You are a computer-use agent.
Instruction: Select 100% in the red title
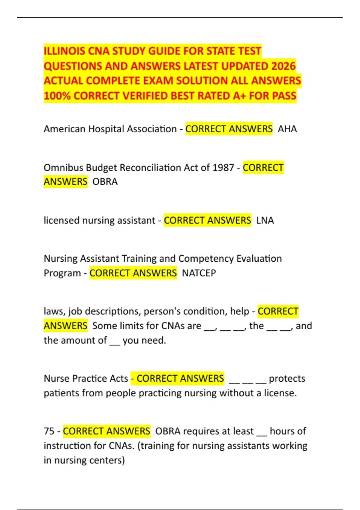(x=57, y=96)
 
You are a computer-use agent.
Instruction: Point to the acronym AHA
(x=287, y=129)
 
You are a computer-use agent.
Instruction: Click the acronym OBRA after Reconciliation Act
(x=105, y=182)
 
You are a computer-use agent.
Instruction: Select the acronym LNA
(x=265, y=220)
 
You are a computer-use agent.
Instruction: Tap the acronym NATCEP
(x=199, y=273)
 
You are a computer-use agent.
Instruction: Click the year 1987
(x=223, y=168)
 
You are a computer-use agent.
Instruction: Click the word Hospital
(x=106, y=129)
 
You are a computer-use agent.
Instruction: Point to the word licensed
(x=61, y=220)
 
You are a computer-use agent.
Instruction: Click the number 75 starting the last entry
(x=49, y=431)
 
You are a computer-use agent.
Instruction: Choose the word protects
(x=287, y=379)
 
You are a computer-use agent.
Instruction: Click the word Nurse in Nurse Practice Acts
(x=55, y=379)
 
